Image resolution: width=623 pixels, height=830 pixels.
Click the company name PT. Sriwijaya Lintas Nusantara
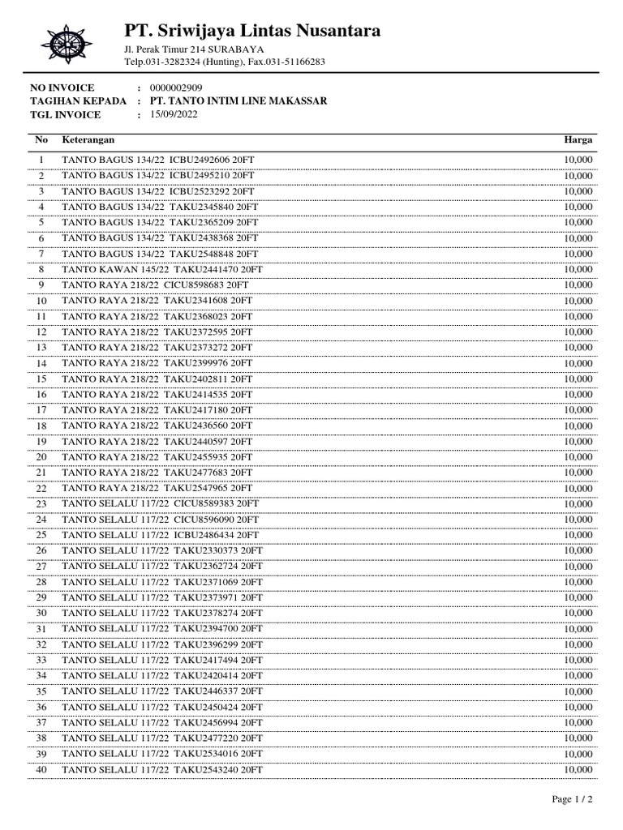coord(252,32)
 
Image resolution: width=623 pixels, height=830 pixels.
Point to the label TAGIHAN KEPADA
coord(78,101)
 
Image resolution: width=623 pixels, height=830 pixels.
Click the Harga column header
coord(578,140)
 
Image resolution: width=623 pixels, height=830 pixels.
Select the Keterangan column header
coord(88,140)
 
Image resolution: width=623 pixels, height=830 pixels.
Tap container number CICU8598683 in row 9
coord(195,285)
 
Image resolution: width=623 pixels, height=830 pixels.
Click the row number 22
coord(41,488)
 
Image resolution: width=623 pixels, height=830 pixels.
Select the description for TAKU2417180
coord(157,410)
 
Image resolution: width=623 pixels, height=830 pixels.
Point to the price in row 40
coord(578,769)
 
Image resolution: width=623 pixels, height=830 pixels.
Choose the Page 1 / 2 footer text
coord(573,800)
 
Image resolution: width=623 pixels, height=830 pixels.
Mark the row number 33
coord(41,660)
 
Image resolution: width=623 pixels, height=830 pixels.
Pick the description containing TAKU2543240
coord(162,769)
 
